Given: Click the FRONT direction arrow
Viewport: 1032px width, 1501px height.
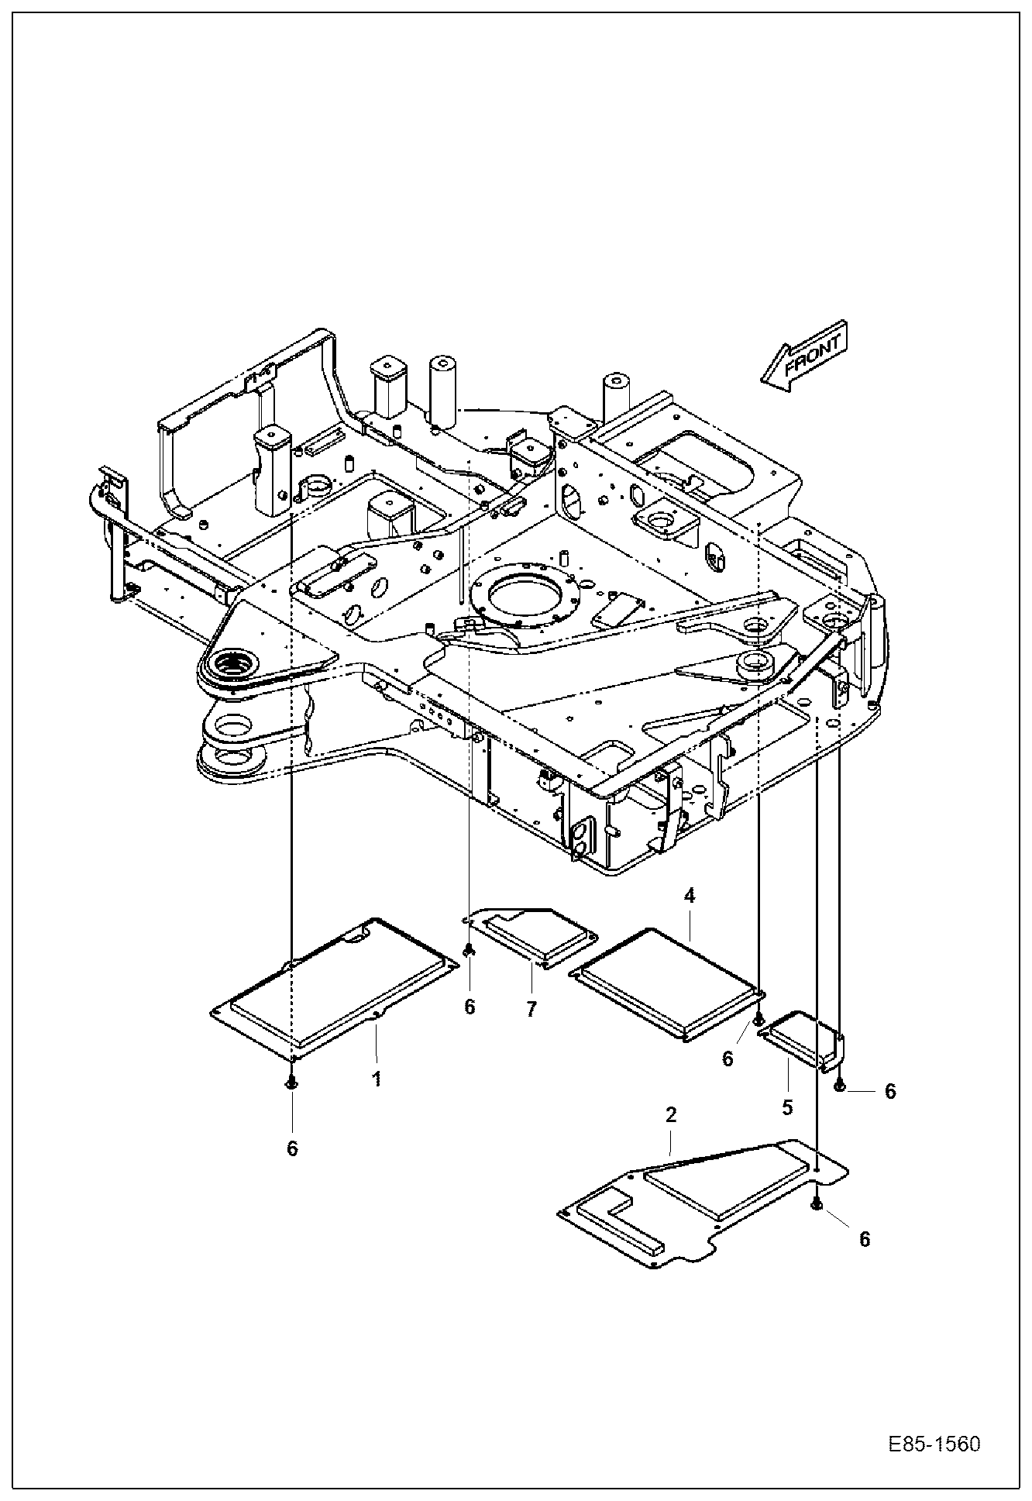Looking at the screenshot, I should click(804, 355).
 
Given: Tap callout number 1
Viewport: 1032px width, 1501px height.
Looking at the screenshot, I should click(377, 1079).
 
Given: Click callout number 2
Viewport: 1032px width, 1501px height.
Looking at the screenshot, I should click(671, 1114).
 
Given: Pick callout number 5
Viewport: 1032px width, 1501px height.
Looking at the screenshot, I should click(787, 1108).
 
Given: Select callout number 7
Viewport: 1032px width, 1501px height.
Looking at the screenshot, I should click(531, 1010).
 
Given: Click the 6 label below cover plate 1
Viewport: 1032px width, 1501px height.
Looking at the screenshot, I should click(292, 1148).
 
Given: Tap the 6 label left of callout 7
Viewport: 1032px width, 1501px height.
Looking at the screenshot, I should click(470, 1007).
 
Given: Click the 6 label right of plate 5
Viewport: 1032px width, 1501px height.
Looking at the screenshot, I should click(890, 1091).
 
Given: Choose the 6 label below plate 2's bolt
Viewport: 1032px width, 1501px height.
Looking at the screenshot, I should click(865, 1239).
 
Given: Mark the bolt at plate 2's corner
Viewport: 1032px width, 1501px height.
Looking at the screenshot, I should click(816, 1203).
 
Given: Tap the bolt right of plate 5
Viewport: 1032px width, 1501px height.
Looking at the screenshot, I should click(840, 1088).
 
